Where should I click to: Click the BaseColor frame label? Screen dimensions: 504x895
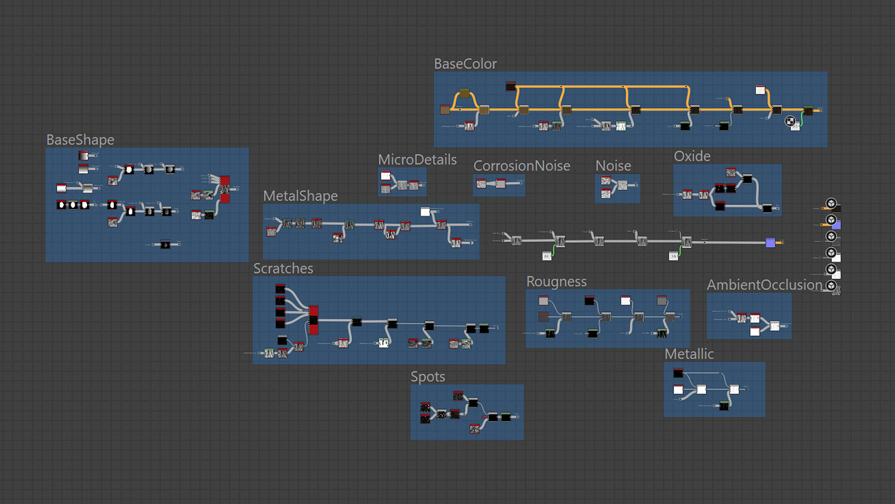(x=465, y=64)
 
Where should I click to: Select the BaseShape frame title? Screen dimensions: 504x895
(x=80, y=140)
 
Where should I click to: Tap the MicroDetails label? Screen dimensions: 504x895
(x=417, y=160)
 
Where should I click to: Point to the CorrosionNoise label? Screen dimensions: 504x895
(x=521, y=166)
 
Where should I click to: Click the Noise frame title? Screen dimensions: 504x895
(x=613, y=166)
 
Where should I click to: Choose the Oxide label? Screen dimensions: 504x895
(x=692, y=156)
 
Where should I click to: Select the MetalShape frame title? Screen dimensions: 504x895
(x=300, y=196)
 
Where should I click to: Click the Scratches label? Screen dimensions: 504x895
(x=283, y=269)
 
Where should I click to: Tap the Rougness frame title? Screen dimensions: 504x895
(x=556, y=282)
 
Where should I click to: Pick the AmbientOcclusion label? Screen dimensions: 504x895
(x=764, y=285)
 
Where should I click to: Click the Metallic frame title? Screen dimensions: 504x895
(x=689, y=354)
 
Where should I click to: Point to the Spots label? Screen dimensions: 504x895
(x=427, y=377)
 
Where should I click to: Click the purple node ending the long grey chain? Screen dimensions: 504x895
(x=770, y=242)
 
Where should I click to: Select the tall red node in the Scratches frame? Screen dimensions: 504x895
(x=313, y=319)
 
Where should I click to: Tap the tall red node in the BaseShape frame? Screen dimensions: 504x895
(x=224, y=189)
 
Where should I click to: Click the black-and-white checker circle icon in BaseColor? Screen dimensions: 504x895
(x=790, y=121)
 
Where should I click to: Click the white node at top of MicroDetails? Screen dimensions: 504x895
(x=385, y=176)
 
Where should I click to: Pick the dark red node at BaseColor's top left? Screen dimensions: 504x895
(x=510, y=86)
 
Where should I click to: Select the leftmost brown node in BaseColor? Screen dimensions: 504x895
(x=445, y=109)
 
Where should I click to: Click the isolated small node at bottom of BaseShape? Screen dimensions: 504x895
(x=165, y=244)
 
